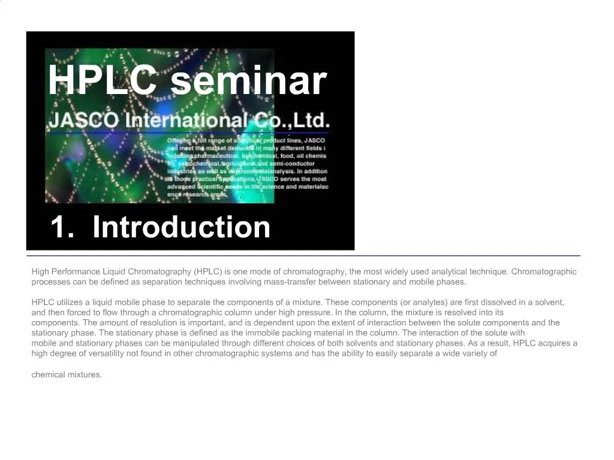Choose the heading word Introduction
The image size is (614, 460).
point(181,226)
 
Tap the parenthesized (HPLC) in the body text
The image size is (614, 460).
point(204,271)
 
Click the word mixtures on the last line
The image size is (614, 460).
point(85,375)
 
